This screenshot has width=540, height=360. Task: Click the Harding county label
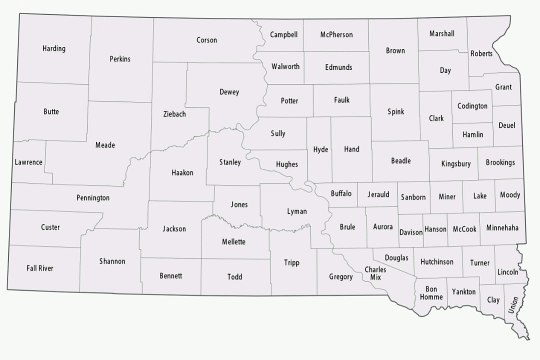pos(55,48)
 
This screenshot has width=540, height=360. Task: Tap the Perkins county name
pos(121,59)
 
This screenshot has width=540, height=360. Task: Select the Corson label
pos(207,40)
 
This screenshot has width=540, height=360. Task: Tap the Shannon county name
pos(112,261)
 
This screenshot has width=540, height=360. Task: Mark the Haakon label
pos(182,171)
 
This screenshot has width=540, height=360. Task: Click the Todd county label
pos(235,275)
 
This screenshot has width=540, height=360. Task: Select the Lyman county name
pos(297,213)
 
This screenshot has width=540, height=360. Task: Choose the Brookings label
pos(500,162)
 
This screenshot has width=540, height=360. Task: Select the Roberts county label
pos(481,53)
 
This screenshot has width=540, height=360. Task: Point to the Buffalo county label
pos(341,190)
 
